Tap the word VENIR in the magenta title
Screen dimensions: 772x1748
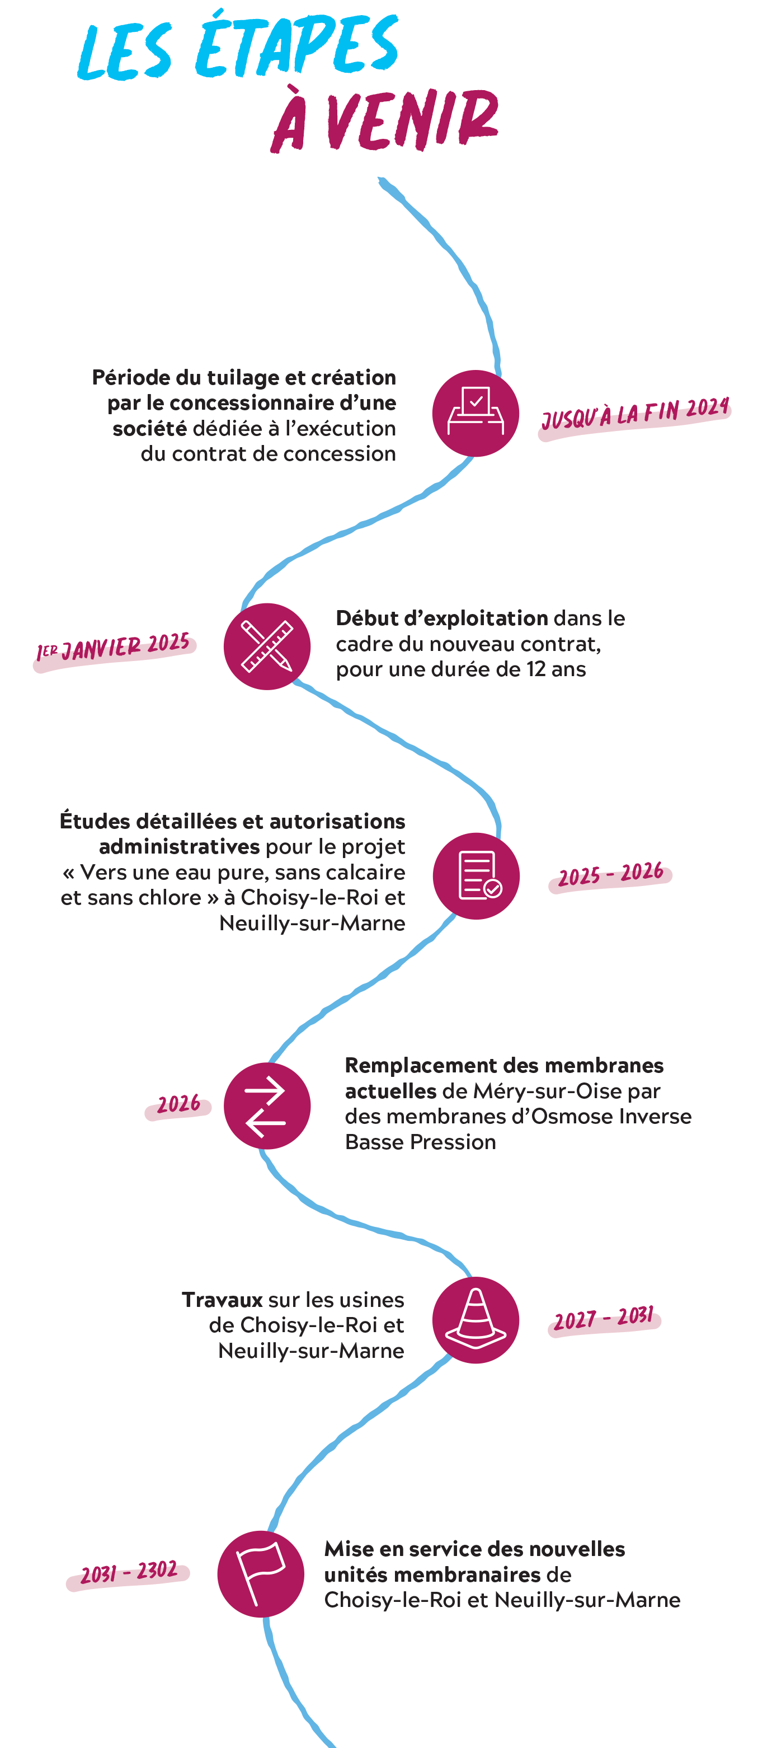(x=412, y=121)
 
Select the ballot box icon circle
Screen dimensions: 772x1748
(x=476, y=413)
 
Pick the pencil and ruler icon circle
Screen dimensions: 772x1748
(x=267, y=646)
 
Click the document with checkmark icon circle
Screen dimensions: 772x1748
(x=476, y=876)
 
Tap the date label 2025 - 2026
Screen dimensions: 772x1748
(x=610, y=875)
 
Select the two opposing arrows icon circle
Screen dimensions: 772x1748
(x=267, y=1106)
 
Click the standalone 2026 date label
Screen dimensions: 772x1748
(x=178, y=1105)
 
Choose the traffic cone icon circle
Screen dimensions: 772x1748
(x=476, y=1320)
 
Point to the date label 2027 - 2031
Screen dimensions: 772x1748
(x=604, y=1319)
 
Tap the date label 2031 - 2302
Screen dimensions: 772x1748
(x=129, y=1572)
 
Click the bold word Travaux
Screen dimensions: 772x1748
(x=222, y=1300)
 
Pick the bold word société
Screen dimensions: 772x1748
(x=149, y=428)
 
